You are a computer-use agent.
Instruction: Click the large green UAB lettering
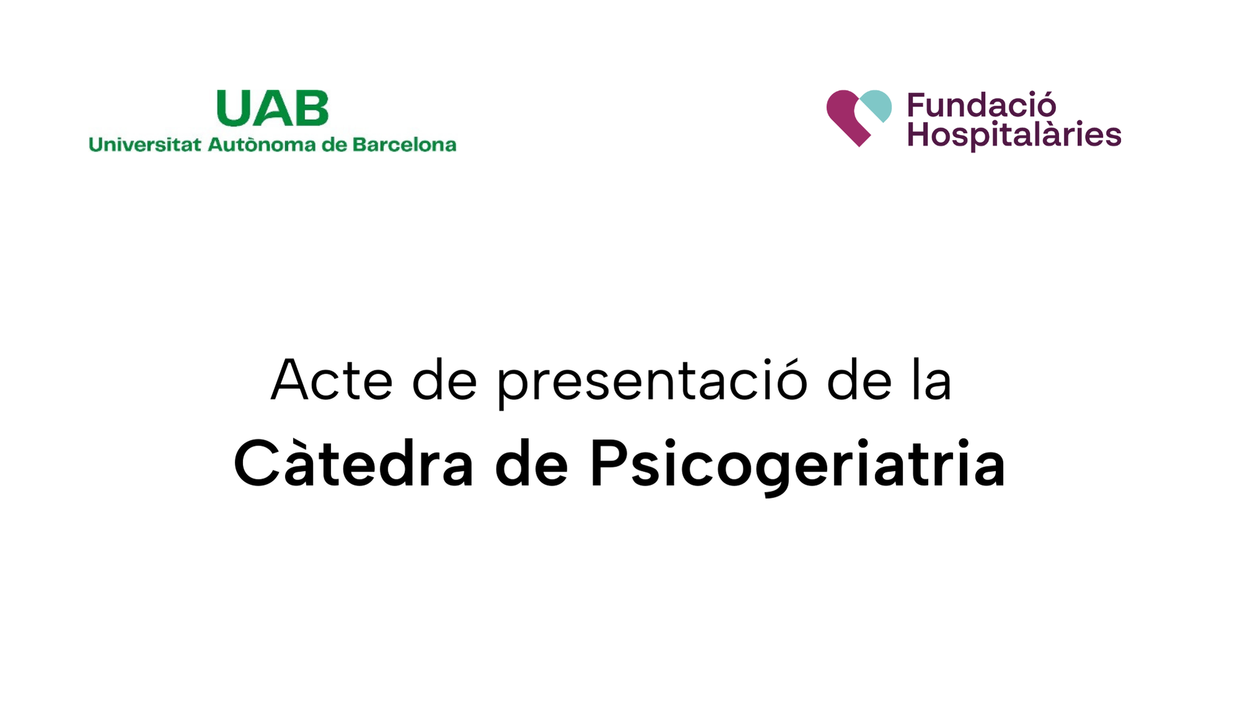click(x=272, y=108)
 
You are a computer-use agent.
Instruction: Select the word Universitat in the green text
click(x=145, y=145)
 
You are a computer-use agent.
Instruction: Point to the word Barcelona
click(x=404, y=145)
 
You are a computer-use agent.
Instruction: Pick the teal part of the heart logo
click(x=877, y=104)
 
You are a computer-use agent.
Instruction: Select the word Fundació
click(x=981, y=105)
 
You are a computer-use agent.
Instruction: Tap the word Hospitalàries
click(x=1014, y=135)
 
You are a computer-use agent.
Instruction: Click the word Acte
click(x=332, y=380)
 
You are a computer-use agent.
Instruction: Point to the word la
click(x=932, y=380)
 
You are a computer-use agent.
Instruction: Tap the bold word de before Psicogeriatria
click(x=531, y=465)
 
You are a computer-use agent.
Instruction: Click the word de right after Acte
click(x=445, y=380)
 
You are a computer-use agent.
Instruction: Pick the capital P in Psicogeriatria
click(x=607, y=464)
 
